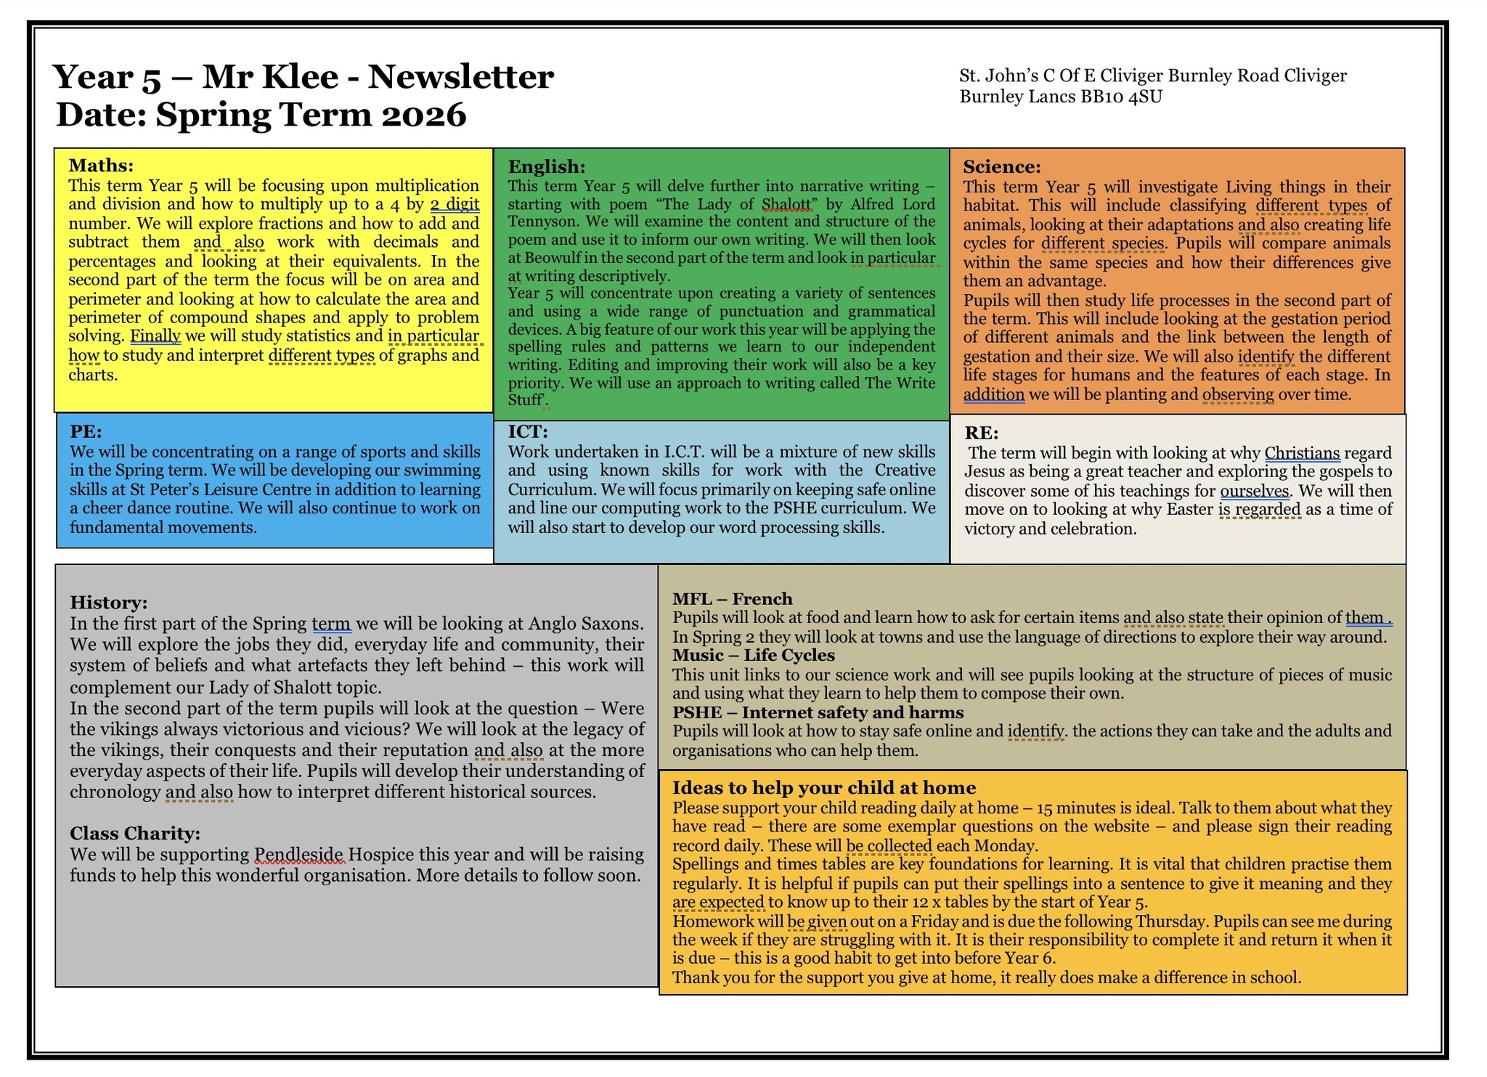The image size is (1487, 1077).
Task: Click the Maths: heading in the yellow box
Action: (101, 166)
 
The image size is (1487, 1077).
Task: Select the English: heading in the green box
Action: (546, 167)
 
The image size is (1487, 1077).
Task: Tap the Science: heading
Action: (1002, 167)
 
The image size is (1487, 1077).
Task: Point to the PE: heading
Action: (86, 431)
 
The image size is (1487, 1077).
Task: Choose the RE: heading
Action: (981, 433)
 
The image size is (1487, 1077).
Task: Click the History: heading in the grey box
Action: (108, 602)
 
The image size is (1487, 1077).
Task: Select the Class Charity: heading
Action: (134, 833)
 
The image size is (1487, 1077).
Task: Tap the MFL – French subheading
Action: (732, 599)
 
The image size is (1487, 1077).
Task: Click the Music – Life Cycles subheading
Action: (753, 655)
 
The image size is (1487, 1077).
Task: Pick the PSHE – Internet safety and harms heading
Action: (818, 712)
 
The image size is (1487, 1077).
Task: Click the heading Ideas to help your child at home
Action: (823, 788)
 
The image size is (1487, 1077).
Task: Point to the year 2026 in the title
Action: (425, 115)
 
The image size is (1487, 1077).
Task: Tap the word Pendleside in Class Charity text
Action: (300, 855)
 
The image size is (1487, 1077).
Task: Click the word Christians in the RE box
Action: (1301, 453)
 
